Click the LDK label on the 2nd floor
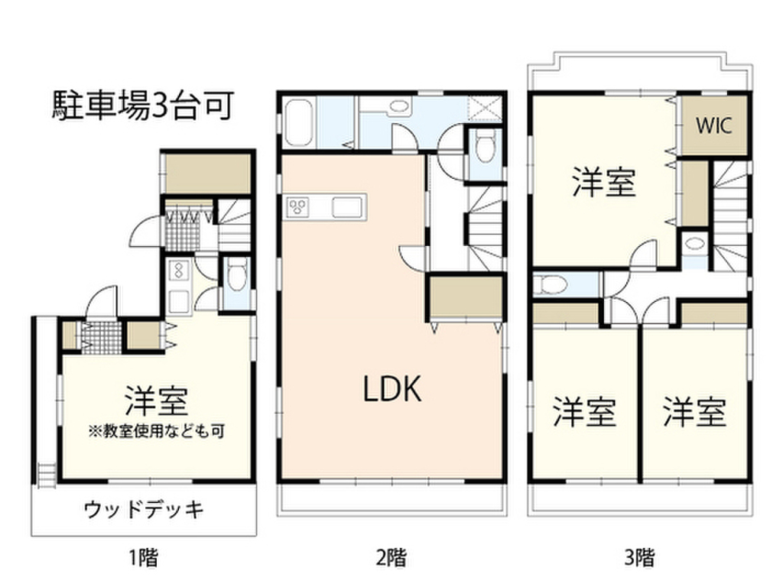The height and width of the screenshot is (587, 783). tap(391, 391)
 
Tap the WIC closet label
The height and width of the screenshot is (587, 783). tap(713, 125)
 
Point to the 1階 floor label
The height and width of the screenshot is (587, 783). tap(144, 556)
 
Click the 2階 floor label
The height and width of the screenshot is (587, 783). tap(391, 556)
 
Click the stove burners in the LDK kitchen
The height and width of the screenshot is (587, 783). tap(297, 206)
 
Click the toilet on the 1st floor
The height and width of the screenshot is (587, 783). tap(236, 274)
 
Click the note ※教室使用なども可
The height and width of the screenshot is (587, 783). tap(157, 430)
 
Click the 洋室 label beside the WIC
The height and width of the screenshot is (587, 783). tap(604, 183)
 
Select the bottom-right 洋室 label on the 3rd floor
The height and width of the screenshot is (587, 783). tap(694, 413)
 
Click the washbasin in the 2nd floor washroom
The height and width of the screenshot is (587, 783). tap(398, 108)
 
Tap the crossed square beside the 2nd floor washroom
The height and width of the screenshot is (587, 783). tap(484, 108)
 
